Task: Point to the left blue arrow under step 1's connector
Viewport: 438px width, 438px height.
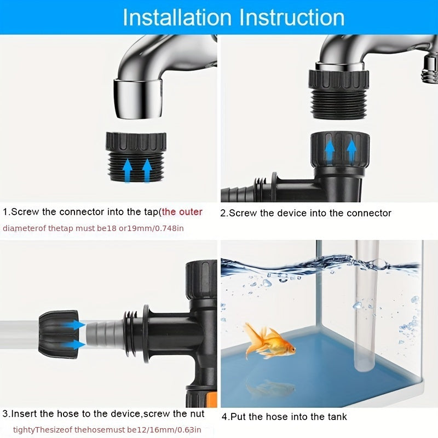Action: pyautogui.click(x=127, y=170)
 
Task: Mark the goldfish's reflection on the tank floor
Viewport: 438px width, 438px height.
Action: pyautogui.click(x=269, y=388)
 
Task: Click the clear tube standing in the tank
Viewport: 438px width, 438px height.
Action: pyautogui.click(x=365, y=307)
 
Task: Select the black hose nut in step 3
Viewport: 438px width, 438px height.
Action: pyautogui.click(x=57, y=333)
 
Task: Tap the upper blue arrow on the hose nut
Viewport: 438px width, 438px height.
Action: pyautogui.click(x=74, y=325)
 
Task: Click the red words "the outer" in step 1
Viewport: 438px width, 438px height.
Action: pyautogui.click(x=182, y=212)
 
